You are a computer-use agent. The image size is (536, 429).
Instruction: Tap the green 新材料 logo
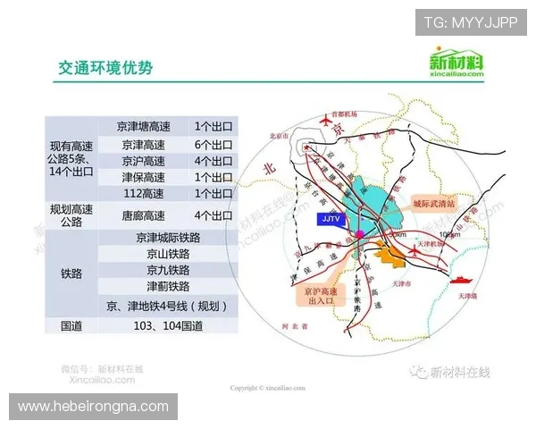456,65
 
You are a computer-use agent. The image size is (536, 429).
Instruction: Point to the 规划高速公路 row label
71,215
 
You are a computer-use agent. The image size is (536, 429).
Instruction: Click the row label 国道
71,325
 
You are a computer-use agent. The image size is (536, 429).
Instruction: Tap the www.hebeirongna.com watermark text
93,406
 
